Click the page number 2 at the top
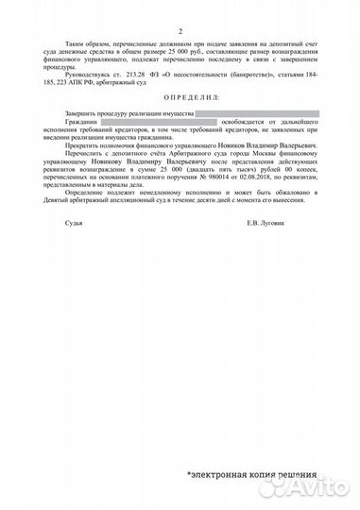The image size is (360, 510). click(x=180, y=31)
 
